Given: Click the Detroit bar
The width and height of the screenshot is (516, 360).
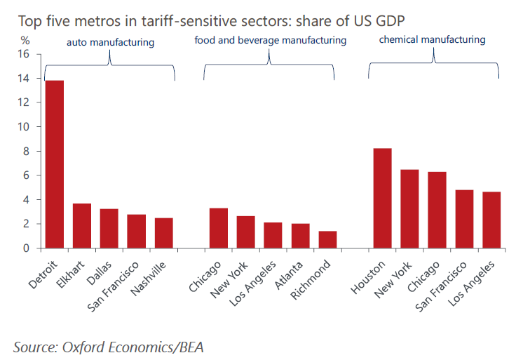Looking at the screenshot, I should pyautogui.click(x=55, y=164).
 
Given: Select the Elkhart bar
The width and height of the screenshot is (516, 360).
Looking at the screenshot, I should pyautogui.click(x=82, y=226).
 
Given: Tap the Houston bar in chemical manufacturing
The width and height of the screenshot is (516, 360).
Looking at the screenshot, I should pyautogui.click(x=382, y=199).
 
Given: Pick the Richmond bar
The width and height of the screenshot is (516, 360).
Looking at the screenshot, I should pyautogui.click(x=327, y=239).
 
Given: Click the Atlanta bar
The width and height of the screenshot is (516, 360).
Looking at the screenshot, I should pyautogui.click(x=300, y=236).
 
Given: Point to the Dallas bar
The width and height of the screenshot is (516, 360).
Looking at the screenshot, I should pyautogui.click(x=109, y=229).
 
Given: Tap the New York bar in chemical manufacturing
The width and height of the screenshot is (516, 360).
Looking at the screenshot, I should pyautogui.click(x=409, y=209).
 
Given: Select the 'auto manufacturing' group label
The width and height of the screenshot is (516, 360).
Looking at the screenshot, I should pyautogui.click(x=110, y=43).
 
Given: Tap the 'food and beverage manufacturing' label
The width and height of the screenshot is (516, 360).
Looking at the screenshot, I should pyautogui.click(x=270, y=41).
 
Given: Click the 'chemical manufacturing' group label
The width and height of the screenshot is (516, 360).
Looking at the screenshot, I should pyautogui.click(x=432, y=40).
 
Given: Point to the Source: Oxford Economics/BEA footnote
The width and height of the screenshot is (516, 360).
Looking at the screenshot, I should pyautogui.click(x=109, y=345).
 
